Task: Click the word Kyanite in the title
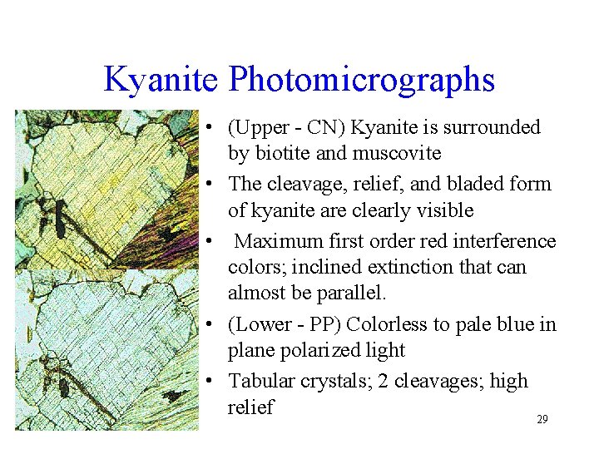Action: click(x=161, y=80)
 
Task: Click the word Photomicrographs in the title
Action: click(x=362, y=81)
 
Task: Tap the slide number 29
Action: click(x=542, y=420)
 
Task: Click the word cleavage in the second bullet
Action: click(x=305, y=184)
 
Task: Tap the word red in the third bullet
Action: click(x=452, y=241)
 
